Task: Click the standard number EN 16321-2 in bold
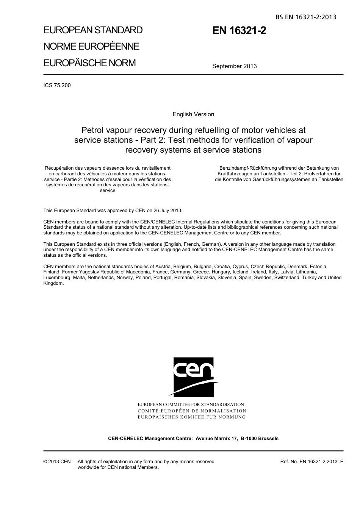tap(239, 31)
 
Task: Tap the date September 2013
tap(234, 66)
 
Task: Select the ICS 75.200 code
tap(57, 85)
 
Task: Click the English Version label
tap(193, 114)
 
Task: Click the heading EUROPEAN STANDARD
tap(93, 30)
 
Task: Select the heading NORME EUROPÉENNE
tap(91, 47)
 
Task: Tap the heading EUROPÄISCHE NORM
tap(89, 63)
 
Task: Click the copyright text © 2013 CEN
tap(57, 462)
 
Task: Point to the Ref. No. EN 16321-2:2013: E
tap(311, 462)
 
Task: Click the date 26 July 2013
tap(167, 211)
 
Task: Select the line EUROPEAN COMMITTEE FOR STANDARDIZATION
tap(191, 404)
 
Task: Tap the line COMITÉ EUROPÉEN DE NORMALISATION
tap(192, 411)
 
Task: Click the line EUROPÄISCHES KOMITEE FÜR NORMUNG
tap(191, 417)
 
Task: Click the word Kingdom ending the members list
tap(53, 283)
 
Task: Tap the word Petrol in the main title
tap(93, 130)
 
